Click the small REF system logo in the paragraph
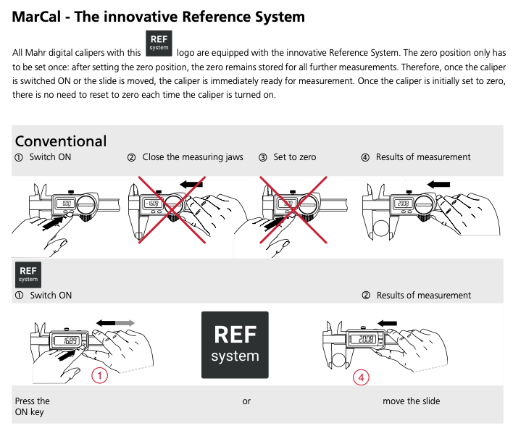click(159, 43)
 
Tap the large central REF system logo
click(235, 344)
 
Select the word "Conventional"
click(61, 141)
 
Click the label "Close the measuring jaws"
click(192, 157)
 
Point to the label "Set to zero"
click(294, 157)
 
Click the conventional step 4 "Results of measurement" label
click(422, 157)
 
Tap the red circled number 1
click(100, 375)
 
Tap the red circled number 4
click(362, 377)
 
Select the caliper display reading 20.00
click(364, 339)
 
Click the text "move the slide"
click(411, 401)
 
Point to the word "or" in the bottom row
click(246, 401)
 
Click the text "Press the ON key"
click(33, 406)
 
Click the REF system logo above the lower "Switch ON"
click(28, 274)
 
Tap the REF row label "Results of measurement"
click(423, 296)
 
